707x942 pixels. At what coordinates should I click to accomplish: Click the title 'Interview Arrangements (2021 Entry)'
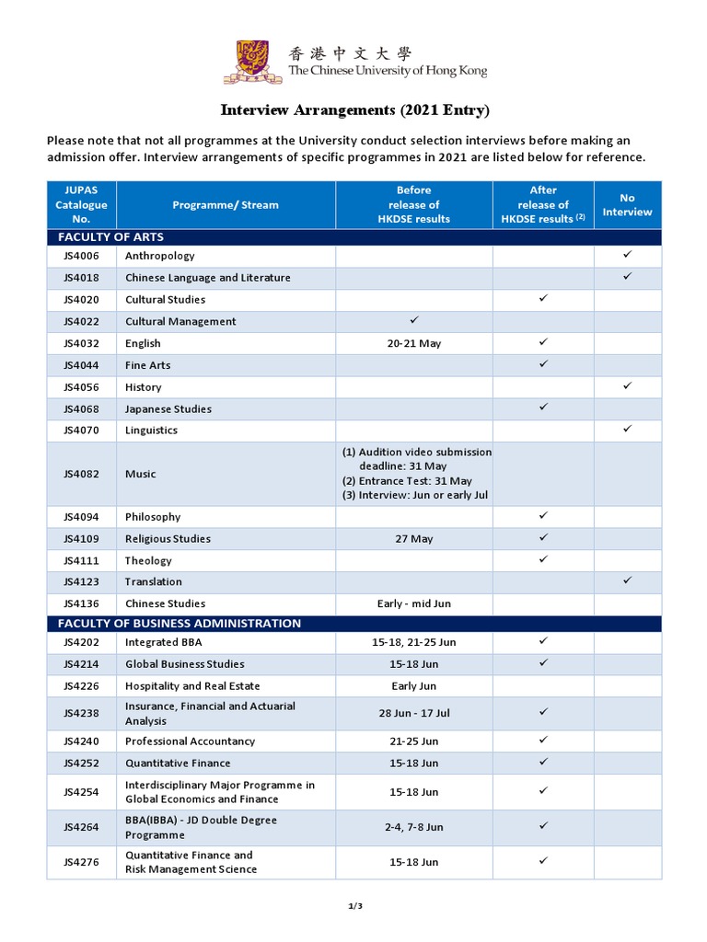coord(354,110)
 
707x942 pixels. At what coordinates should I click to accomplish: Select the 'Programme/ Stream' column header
coord(226,205)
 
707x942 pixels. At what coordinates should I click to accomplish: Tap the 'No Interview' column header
coord(627,205)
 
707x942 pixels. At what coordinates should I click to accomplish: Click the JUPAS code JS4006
coord(81,256)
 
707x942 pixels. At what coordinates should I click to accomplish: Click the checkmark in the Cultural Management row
coord(413,319)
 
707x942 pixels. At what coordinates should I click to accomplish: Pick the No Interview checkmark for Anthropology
coord(627,254)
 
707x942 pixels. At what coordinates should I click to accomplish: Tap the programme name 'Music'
coord(140,474)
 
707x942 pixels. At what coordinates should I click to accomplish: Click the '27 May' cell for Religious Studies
coord(413,539)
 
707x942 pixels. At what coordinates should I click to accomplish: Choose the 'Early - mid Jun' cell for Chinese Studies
coord(413,604)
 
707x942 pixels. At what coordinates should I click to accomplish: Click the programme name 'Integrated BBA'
coord(163,642)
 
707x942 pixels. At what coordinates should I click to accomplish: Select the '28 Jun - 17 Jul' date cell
coord(413,713)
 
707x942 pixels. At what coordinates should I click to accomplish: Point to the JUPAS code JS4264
coord(81,827)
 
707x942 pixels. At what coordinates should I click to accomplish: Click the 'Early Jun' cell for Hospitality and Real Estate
coord(413,686)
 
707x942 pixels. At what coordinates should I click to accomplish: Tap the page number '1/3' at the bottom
coord(354,906)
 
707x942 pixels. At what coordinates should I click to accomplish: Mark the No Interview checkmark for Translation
coord(627,580)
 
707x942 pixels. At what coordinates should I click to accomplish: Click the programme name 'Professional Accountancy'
coord(190,741)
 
